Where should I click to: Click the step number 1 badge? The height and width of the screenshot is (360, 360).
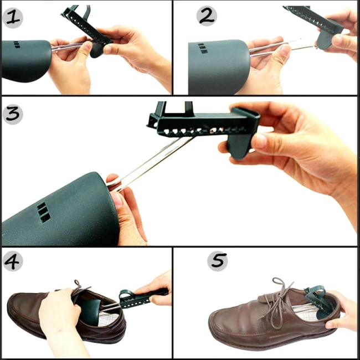point(13,18)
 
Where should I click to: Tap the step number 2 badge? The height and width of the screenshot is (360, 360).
point(207,16)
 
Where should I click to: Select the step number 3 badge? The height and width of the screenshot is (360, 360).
point(13,114)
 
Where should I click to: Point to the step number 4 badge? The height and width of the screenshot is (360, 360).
point(13,261)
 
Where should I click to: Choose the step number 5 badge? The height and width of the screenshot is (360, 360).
point(218,261)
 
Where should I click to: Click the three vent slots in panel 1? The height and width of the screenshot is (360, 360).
point(17,44)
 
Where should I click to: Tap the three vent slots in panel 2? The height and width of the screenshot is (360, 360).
point(203,48)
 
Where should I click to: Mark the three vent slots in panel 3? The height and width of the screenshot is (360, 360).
point(44,212)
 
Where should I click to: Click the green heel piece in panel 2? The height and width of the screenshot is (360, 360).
point(326,41)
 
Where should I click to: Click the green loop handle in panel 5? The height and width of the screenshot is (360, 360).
point(315,292)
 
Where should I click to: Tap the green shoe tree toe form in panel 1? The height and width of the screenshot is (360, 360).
point(25,60)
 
